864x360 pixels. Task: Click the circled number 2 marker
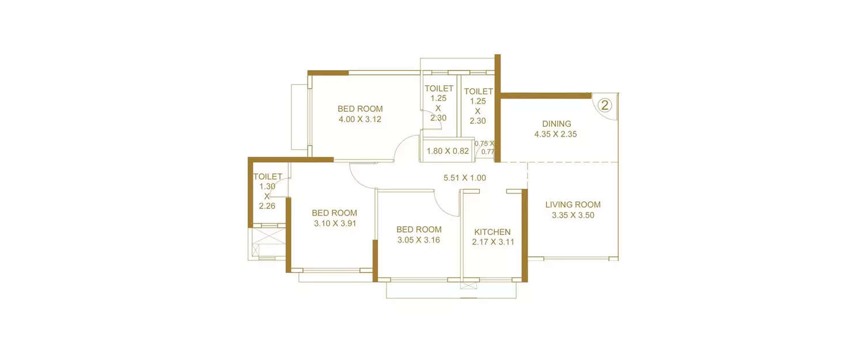click(604, 105)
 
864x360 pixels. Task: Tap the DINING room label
click(556, 123)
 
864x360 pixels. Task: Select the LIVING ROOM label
click(573, 204)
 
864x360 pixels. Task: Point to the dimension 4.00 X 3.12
click(360, 119)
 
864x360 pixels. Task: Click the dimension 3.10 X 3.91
click(335, 223)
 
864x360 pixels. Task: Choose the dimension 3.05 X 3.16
click(419, 240)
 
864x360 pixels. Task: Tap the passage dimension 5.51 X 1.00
click(464, 178)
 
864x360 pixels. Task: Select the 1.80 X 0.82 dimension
click(448, 151)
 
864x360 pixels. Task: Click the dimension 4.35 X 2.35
click(556, 134)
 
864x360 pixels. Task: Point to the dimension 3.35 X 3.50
click(573, 215)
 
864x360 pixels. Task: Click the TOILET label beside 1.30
click(268, 176)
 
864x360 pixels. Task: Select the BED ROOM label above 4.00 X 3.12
click(360, 108)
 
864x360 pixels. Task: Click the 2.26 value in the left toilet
click(267, 206)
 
